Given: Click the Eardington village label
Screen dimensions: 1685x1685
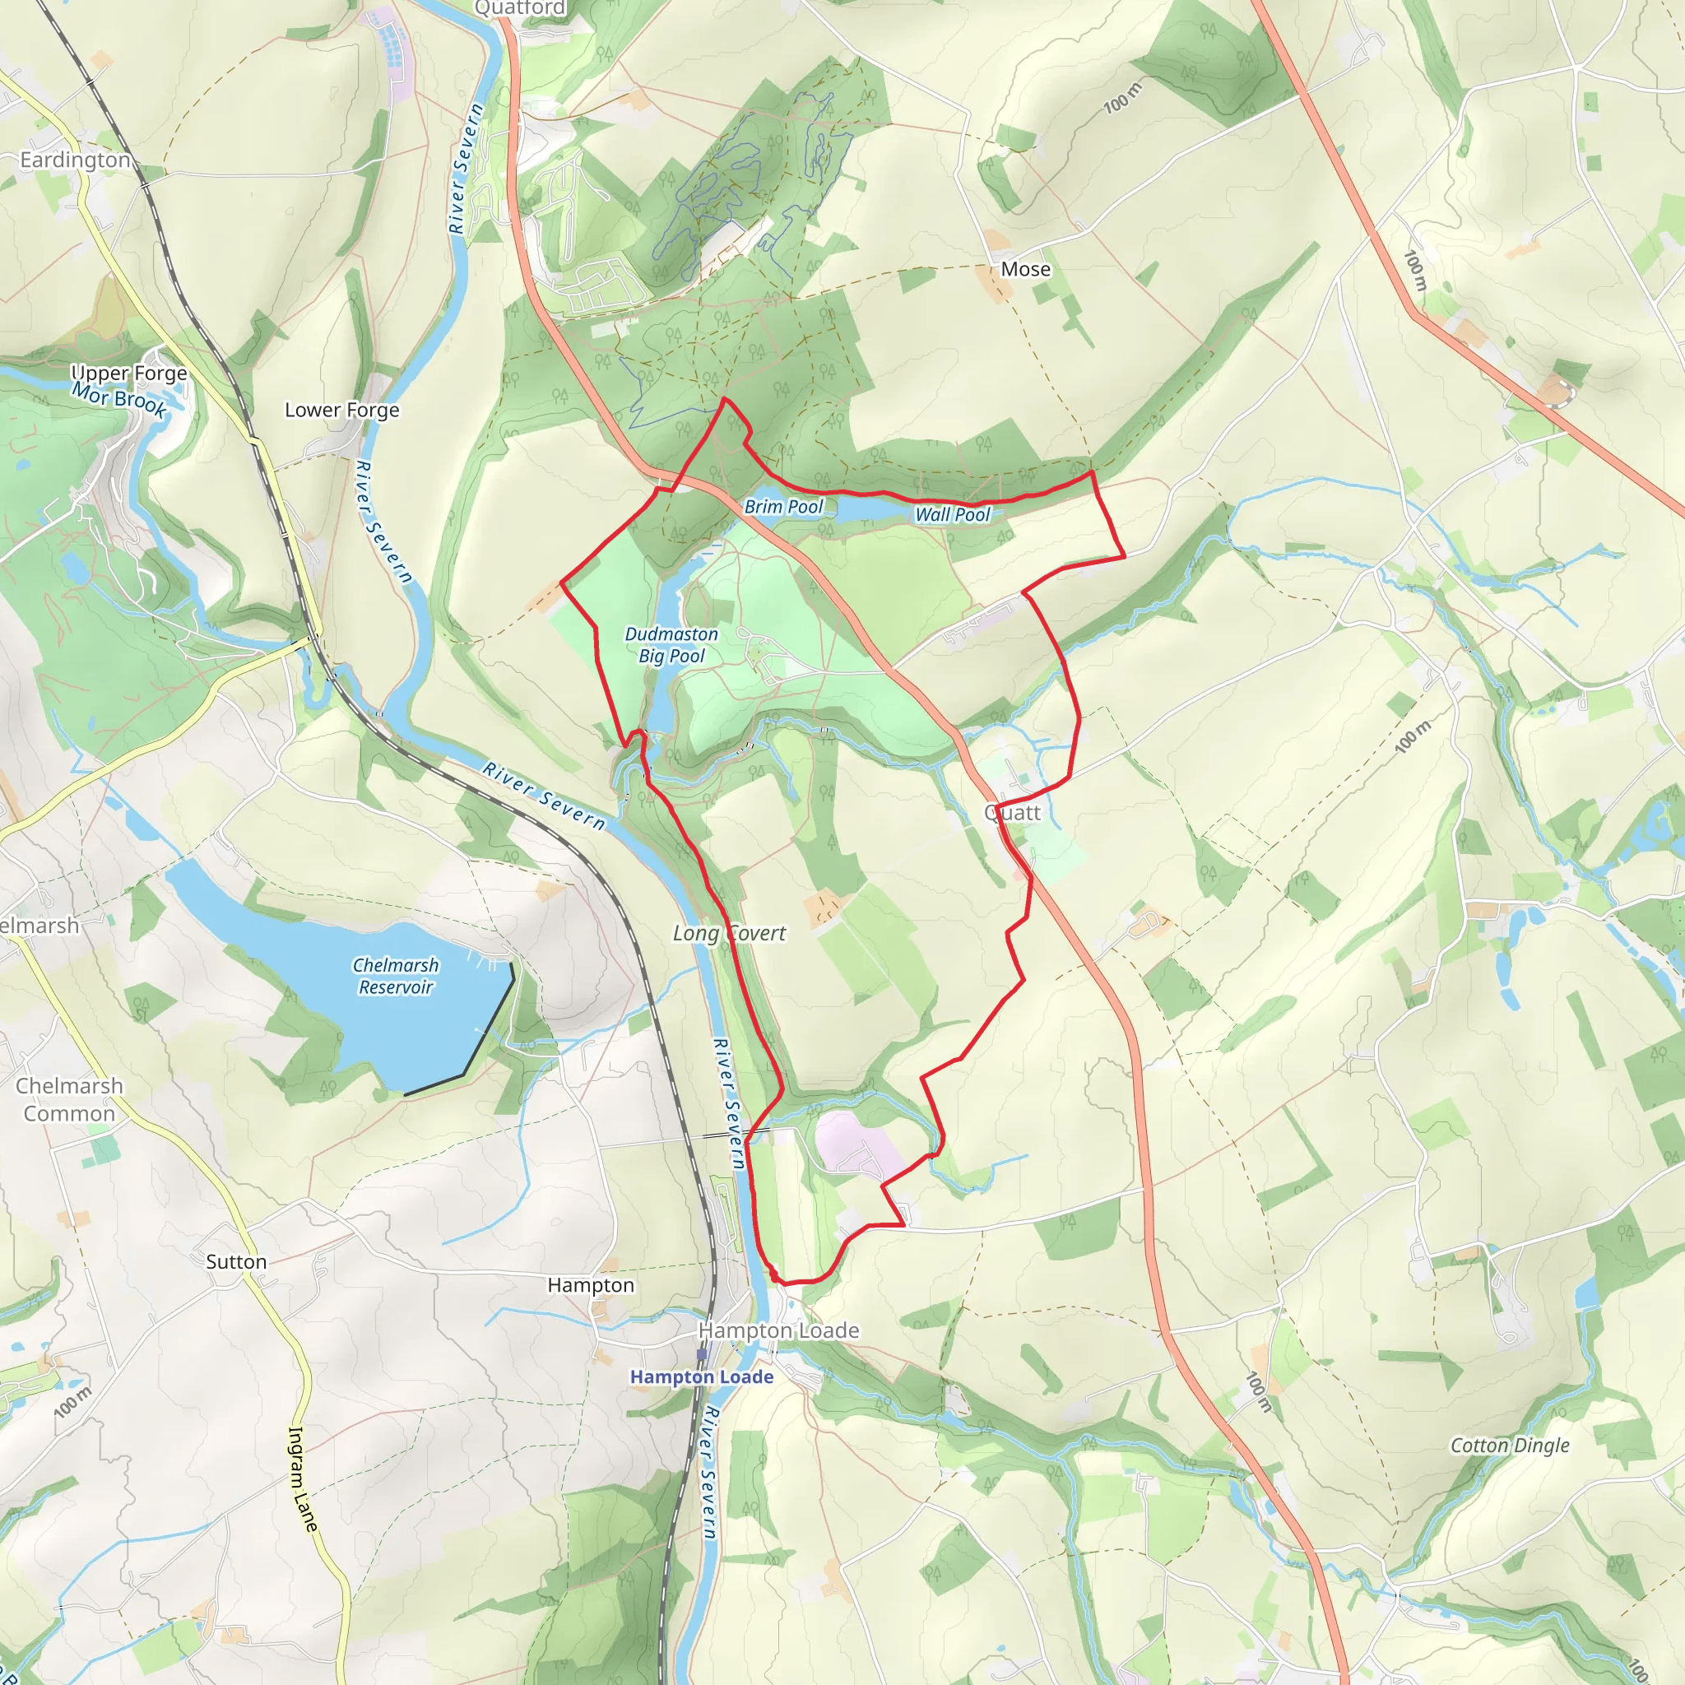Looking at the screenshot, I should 75,160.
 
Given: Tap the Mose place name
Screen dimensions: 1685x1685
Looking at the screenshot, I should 1026,270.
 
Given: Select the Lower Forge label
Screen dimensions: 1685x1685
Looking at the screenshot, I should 342,410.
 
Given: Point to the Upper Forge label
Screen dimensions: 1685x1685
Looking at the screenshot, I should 129,374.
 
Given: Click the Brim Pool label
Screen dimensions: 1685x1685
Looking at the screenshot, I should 783,507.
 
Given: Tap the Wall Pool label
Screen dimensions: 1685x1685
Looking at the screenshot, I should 953,514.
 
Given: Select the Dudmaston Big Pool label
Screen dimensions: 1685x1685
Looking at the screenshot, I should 671,645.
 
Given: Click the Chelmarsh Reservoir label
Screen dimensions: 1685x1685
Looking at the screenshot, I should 395,976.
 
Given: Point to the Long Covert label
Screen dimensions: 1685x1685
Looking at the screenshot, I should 729,933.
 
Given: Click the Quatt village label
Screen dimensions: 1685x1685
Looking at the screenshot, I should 1012,813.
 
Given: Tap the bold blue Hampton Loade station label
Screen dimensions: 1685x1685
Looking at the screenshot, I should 701,1376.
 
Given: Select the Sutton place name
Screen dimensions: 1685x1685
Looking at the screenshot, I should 236,1262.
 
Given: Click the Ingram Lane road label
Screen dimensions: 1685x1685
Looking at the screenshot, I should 302,1479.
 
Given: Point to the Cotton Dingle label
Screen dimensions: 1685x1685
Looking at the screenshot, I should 1510,1445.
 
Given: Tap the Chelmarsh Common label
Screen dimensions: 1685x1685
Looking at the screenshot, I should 69,1100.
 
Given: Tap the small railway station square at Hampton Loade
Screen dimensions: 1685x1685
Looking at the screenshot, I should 702,1354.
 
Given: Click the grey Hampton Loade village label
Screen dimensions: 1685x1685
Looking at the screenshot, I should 779,1331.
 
